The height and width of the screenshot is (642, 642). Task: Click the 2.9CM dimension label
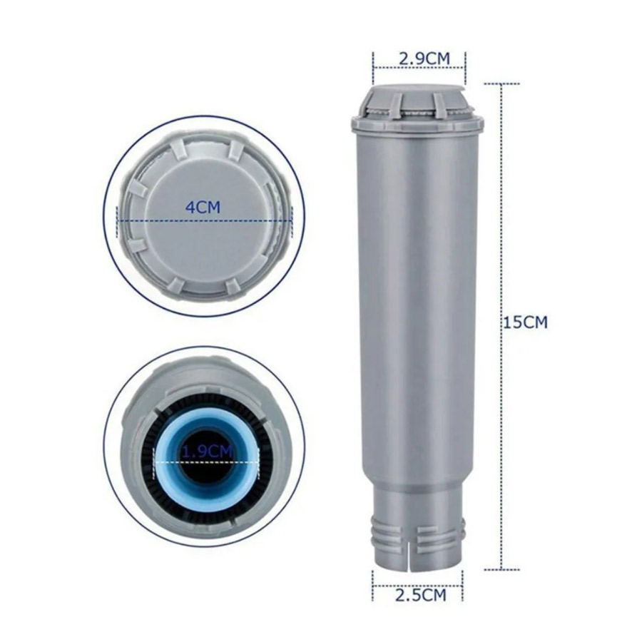tap(424, 58)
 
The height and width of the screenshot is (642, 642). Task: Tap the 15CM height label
tap(525, 322)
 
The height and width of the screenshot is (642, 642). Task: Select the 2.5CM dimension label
tap(420, 595)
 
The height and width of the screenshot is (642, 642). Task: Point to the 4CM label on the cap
tap(203, 207)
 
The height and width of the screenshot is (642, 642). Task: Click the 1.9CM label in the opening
tap(207, 452)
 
